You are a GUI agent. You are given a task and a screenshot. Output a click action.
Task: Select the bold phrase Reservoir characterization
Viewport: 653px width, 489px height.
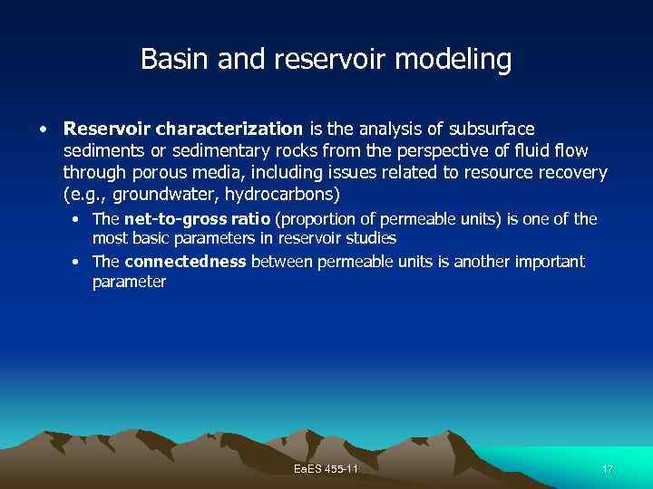pyautogui.click(x=184, y=129)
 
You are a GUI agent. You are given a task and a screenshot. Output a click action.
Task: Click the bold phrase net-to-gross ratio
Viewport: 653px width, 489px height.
pyautogui.click(x=197, y=218)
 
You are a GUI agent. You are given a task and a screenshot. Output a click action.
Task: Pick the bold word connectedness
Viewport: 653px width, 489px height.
pyautogui.click(x=185, y=262)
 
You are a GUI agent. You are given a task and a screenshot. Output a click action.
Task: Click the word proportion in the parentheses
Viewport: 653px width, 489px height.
pyautogui.click(x=322, y=218)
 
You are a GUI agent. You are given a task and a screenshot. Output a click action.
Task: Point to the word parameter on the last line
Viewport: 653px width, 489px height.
pyautogui.click(x=129, y=282)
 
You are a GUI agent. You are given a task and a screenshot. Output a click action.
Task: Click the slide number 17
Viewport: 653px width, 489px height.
pyautogui.click(x=607, y=469)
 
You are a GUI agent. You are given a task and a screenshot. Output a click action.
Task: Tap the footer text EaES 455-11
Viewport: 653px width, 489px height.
pyautogui.click(x=326, y=469)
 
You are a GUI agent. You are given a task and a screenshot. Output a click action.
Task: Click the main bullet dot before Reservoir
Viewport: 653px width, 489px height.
pyautogui.click(x=43, y=129)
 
